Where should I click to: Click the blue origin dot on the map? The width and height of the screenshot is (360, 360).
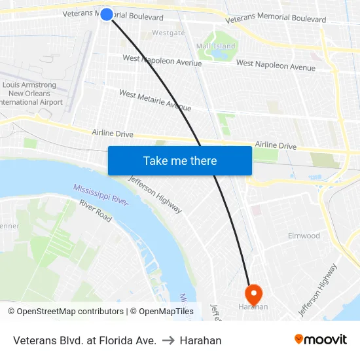coord(107,14)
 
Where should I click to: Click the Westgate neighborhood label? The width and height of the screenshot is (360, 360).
coord(168,33)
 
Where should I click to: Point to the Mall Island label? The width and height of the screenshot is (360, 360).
coord(215,46)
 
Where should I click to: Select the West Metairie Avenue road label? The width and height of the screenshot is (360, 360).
coord(155,101)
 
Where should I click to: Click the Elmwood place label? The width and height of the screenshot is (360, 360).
coord(304,236)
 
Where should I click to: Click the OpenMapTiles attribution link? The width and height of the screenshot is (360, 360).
coord(166,312)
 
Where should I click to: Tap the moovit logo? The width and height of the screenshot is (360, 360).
coord(320,340)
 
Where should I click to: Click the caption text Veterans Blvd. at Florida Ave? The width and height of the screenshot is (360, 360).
coord(84,340)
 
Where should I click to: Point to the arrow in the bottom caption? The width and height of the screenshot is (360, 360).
coord(168,340)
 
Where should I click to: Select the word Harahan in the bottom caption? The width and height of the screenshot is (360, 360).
coord(200,340)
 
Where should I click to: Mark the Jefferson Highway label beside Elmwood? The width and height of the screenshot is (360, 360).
coord(318,289)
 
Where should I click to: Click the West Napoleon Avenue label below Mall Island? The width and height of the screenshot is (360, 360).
coord(275,65)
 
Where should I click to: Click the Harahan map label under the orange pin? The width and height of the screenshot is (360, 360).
coord(253,306)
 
